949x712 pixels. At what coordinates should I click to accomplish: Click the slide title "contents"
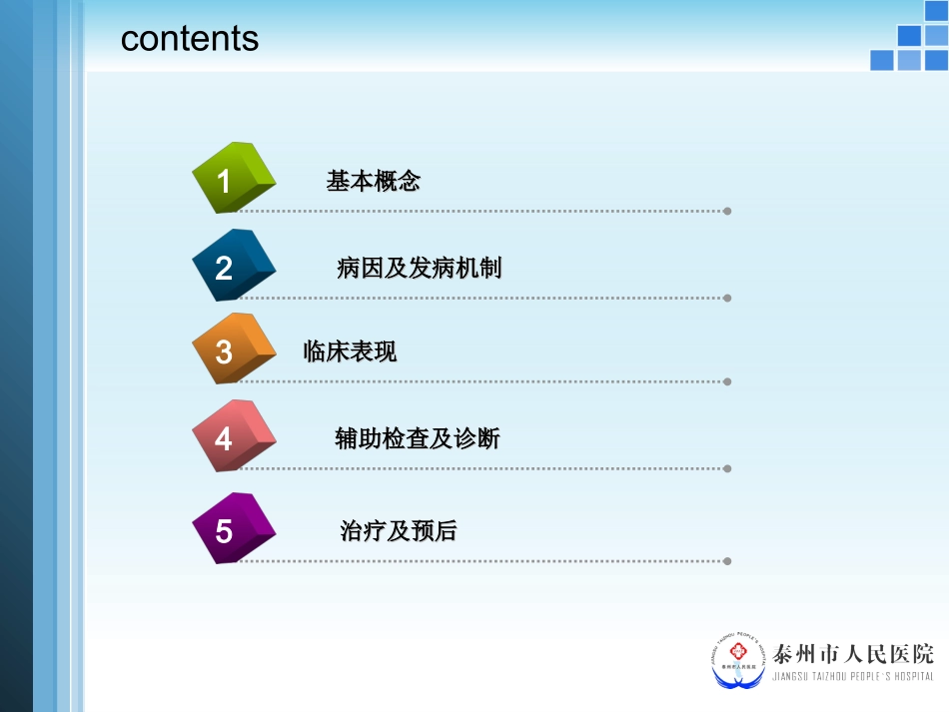[x=189, y=38]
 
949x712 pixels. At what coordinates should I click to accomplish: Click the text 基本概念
[x=373, y=181]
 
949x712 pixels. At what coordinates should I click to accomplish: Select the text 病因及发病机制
[x=419, y=268]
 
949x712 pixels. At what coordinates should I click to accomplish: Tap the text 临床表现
[x=350, y=352]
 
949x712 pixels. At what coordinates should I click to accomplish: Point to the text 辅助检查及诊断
[x=418, y=438]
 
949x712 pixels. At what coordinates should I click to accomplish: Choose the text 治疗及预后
[x=398, y=531]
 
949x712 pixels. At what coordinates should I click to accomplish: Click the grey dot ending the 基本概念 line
[x=727, y=211]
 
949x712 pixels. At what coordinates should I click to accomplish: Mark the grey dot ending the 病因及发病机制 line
[x=727, y=298]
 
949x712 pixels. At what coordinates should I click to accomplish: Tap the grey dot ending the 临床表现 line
[x=727, y=381]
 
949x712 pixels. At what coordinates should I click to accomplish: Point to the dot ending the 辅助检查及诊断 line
[x=727, y=468]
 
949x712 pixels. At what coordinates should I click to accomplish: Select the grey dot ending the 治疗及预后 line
[x=727, y=561]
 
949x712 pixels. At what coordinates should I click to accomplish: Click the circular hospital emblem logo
[x=738, y=660]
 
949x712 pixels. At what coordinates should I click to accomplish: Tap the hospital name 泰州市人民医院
[x=854, y=654]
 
